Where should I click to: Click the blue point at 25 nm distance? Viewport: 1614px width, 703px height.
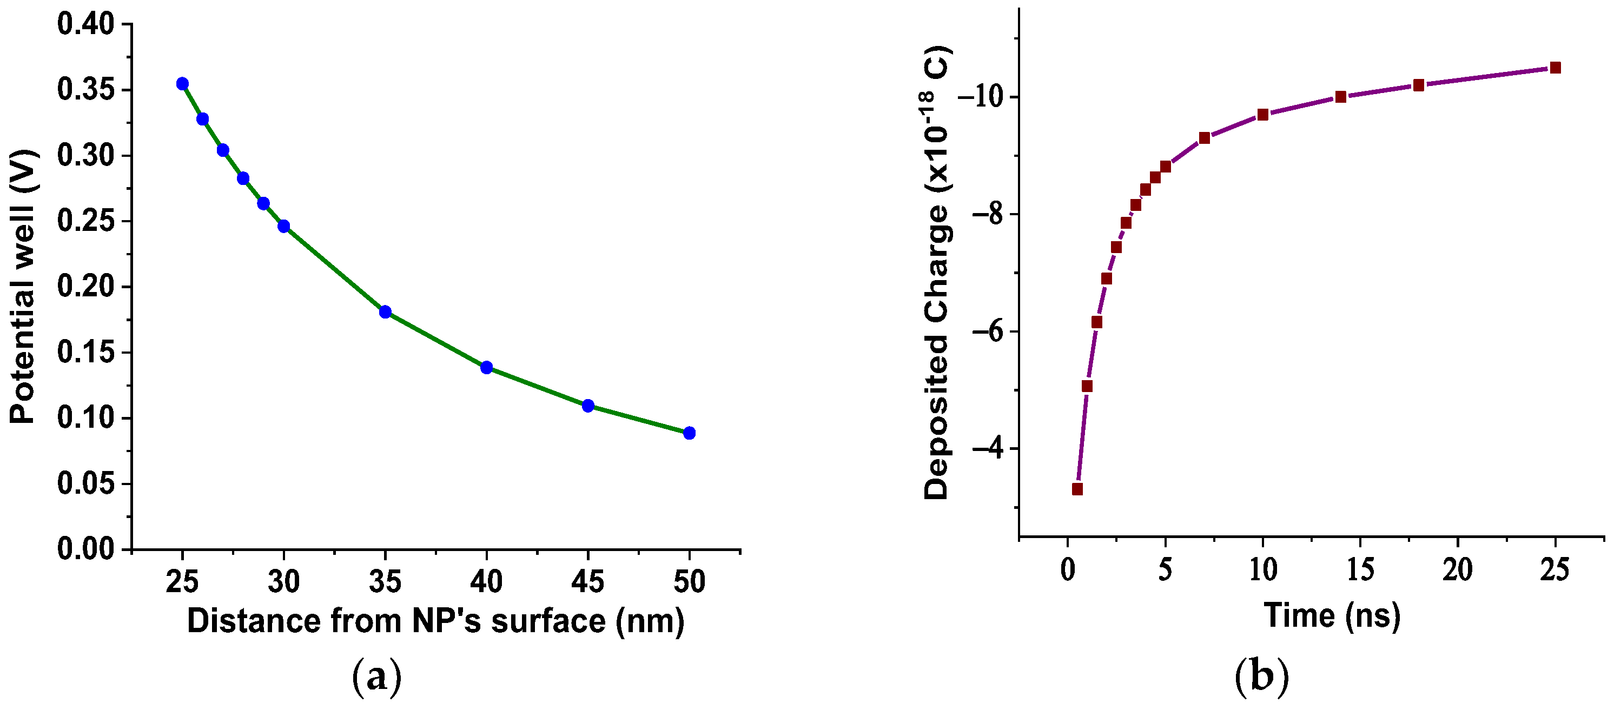click(x=182, y=84)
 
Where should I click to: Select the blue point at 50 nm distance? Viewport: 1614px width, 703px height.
click(x=689, y=433)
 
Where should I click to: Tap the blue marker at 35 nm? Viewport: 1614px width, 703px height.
click(x=385, y=312)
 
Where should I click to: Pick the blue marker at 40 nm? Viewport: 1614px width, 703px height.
click(x=487, y=367)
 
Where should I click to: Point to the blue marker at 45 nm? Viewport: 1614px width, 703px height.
click(x=588, y=406)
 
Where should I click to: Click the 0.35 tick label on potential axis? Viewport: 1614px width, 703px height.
click(x=86, y=90)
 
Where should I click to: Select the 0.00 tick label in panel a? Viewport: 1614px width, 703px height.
click(x=86, y=549)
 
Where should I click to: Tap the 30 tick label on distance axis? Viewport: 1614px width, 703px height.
click(x=284, y=582)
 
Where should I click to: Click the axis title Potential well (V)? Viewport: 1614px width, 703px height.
click(x=23, y=287)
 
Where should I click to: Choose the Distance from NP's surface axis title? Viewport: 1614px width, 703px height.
click(x=435, y=621)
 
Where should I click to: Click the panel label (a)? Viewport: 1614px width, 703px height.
click(x=376, y=677)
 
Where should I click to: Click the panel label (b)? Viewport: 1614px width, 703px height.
click(x=1261, y=677)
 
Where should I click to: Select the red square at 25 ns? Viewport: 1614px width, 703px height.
click(x=1555, y=68)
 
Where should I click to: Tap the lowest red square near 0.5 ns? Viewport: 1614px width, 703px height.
click(x=1077, y=489)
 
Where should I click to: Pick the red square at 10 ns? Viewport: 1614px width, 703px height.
click(x=1263, y=115)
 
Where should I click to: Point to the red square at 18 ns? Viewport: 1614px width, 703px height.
click(x=1419, y=85)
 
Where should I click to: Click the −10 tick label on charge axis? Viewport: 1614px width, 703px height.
click(x=980, y=97)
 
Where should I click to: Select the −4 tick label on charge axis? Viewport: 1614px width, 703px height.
click(x=987, y=449)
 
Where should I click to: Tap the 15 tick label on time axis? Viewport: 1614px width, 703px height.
click(x=1360, y=570)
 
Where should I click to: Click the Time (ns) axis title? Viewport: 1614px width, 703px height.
click(x=1332, y=615)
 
